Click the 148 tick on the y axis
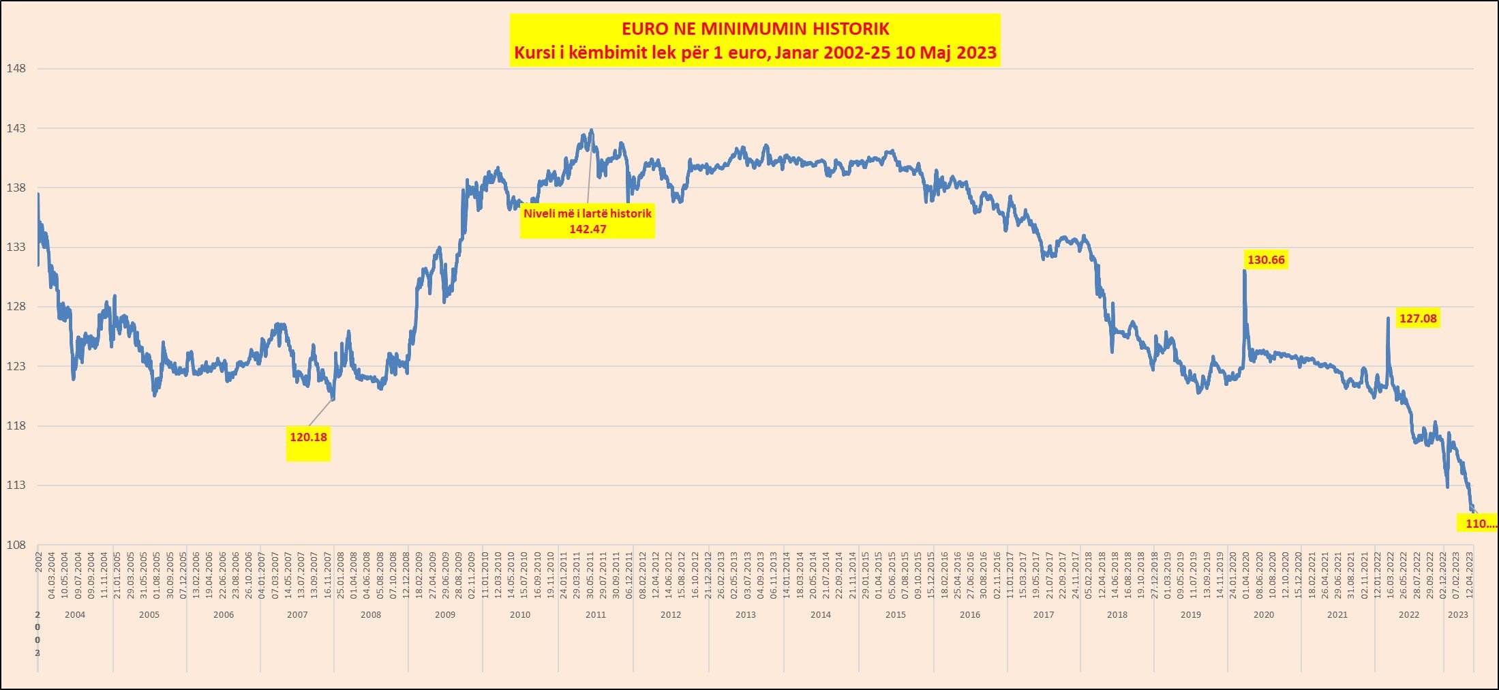[16, 68]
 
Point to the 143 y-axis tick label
[16, 128]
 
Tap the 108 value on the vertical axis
[16, 545]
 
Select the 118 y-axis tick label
[16, 425]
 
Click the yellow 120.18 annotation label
[308, 437]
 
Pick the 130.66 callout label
[1266, 260]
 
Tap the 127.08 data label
[1418, 318]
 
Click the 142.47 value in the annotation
[588, 229]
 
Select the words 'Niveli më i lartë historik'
[588, 213]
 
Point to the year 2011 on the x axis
[596, 614]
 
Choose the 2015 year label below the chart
[896, 614]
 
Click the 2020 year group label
[1263, 614]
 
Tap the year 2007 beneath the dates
[297, 614]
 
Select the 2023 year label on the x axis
[1458, 614]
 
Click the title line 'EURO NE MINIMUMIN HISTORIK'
[755, 29]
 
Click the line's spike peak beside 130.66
[1245, 271]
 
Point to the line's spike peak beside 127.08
[1388, 318]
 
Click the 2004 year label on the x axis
[75, 614]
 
